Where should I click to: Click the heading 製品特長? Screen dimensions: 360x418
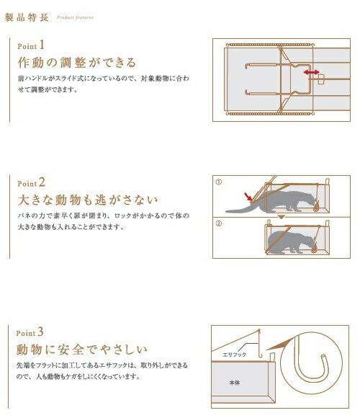coord(27,17)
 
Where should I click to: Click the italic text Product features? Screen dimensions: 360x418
coord(75,17)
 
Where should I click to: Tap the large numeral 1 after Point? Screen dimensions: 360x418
coord(42,45)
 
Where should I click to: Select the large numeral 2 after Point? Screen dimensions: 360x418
coord(42,182)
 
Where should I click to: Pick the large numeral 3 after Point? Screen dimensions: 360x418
coord(40,332)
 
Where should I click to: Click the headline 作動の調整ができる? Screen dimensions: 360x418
coord(77,63)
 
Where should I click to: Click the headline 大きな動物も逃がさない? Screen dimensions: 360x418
coord(88,200)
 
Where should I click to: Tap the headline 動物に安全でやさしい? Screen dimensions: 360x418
coord(82,350)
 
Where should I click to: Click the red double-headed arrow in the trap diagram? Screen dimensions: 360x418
coord(311,72)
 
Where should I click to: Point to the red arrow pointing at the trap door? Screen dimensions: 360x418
coord(248,197)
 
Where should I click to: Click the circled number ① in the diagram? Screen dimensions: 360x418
coord(218,182)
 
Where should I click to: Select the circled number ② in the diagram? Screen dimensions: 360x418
coord(218,223)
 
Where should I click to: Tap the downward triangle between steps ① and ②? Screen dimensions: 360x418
coord(282,217)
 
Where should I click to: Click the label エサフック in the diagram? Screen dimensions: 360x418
coord(234,355)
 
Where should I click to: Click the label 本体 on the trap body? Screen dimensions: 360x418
coord(234,383)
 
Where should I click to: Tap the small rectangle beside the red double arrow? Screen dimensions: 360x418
coord(321,79)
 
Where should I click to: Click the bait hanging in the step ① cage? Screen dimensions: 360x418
coord(316,206)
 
